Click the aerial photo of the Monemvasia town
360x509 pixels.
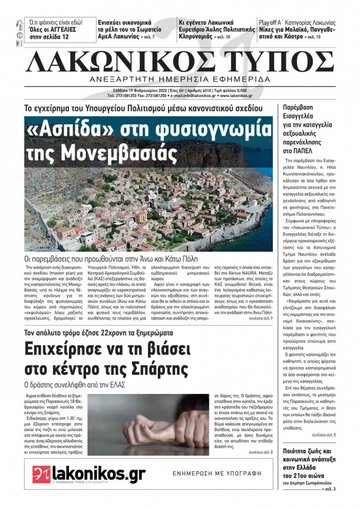point(148,204)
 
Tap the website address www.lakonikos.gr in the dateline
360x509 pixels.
point(231,95)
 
